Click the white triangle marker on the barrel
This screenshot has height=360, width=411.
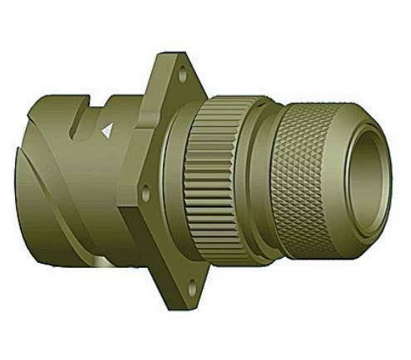coord(105,130)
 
